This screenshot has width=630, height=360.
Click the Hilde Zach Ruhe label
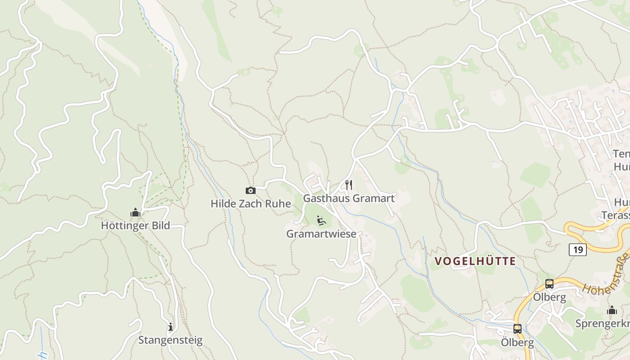point(251,203)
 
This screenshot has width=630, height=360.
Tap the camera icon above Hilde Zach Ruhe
point(251,191)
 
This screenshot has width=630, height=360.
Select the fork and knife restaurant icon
point(349,184)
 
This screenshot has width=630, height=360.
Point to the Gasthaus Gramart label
point(349,198)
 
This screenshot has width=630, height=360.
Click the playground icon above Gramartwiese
point(321,220)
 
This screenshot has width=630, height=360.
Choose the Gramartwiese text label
point(321,234)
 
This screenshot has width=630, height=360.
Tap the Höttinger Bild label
point(135,225)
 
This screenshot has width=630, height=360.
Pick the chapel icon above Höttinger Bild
point(135,212)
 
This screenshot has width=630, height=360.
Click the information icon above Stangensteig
point(170,327)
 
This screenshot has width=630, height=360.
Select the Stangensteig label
point(170,340)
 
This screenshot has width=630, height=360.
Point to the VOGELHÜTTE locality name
point(475,261)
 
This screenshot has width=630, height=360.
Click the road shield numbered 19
point(577,249)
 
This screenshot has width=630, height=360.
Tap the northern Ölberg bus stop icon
point(549,284)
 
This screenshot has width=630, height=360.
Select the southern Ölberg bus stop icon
point(517,329)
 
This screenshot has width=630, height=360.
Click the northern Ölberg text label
point(549,297)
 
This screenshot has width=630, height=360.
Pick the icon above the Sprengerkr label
point(612,310)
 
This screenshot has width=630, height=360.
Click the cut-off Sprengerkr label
point(603,324)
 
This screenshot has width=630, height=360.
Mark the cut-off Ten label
point(621,154)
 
